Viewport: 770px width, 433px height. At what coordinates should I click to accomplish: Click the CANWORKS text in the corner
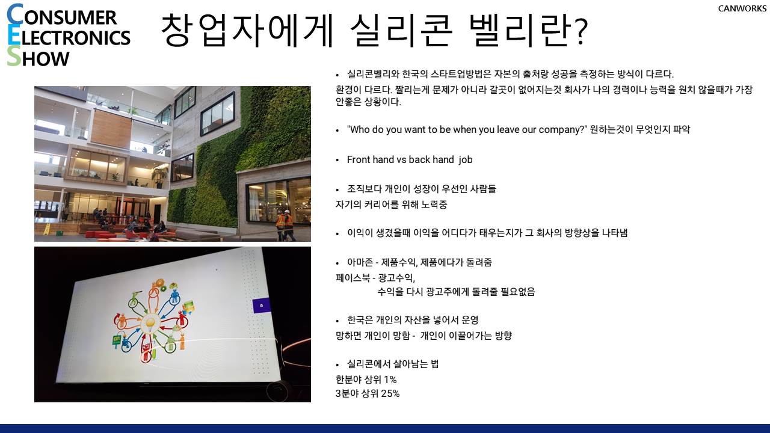point(742,8)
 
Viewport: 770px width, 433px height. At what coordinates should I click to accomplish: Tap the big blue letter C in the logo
point(14,15)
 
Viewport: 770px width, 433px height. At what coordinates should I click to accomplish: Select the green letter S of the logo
point(14,57)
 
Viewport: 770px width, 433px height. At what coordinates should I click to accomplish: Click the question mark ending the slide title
point(581,32)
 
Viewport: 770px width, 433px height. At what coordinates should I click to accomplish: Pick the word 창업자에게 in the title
point(247,31)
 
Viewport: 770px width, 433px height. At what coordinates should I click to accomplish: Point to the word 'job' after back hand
point(466,160)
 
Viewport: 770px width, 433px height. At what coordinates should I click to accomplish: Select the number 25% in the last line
point(390,393)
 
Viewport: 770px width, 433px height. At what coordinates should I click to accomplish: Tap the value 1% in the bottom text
point(390,379)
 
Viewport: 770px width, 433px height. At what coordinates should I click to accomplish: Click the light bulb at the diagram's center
point(150,324)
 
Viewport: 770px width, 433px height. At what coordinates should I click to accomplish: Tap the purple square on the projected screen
point(261,306)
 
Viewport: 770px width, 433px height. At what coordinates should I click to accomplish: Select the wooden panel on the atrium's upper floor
point(111,128)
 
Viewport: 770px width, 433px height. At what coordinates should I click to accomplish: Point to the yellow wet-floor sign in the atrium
point(46,229)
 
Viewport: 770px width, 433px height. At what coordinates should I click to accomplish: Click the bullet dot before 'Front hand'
point(337,160)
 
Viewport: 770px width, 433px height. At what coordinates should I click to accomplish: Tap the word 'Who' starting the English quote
point(359,129)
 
